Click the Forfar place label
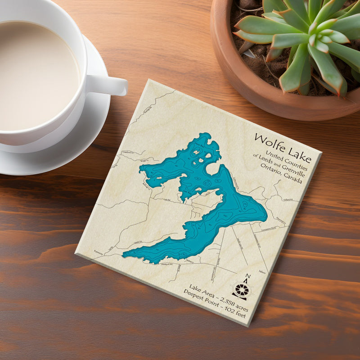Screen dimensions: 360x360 point(98,254)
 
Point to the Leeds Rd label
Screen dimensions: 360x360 point(138,243)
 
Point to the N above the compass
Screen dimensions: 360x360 point(247,278)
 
